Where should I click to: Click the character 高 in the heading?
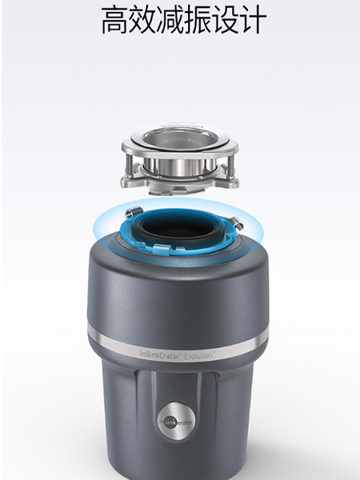pos(114,20)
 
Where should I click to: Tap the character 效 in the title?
pos(142,20)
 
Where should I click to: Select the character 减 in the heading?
pos(170,20)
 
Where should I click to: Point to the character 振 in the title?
pos(198,20)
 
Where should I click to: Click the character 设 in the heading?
pos(225,20)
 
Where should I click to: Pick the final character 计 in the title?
pos(253,20)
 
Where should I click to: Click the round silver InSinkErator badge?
pos(176,422)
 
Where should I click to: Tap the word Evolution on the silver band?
pos(198,356)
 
